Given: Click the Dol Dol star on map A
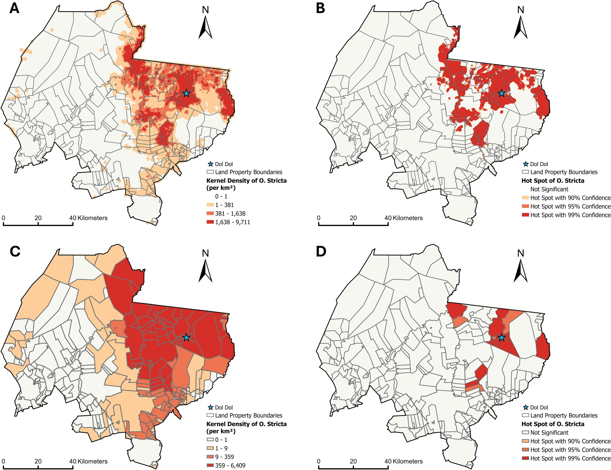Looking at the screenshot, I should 186,93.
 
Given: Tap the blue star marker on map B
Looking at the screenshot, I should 501,93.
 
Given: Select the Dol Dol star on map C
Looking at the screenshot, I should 186,338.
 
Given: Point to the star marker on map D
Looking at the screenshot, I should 501,338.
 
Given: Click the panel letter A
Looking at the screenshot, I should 14,9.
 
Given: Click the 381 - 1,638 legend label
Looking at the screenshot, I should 230,214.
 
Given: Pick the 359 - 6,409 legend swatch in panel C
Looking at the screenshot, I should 210,466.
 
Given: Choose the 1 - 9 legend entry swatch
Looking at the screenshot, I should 210,448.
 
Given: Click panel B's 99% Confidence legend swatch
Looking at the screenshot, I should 525,215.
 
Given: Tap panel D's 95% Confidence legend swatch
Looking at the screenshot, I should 525,450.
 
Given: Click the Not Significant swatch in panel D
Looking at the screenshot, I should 525,432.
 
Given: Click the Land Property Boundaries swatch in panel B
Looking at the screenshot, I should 525,172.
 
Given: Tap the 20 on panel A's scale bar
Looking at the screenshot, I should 38,218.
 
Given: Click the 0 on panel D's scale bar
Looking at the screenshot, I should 319,461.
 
